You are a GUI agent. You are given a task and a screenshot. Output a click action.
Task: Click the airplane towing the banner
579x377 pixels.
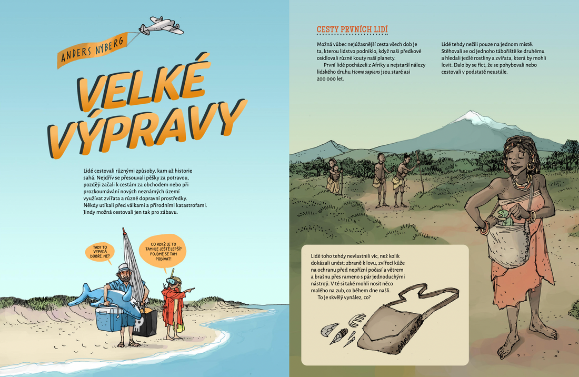point(161,26)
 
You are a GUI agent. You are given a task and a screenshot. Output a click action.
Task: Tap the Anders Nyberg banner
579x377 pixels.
point(92,51)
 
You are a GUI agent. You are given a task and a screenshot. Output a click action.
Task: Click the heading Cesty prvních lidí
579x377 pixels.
point(352,29)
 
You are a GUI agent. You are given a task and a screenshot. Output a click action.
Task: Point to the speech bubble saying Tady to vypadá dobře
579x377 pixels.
point(99,252)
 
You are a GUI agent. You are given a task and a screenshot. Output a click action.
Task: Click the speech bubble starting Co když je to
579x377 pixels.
point(163,252)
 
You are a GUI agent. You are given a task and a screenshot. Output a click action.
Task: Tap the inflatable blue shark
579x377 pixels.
point(107,299)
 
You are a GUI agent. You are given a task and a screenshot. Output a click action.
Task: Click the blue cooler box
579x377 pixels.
point(109,319)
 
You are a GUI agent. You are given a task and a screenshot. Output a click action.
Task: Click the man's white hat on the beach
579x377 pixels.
point(124,269)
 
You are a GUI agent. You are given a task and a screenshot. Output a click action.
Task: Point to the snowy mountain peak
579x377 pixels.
point(470,116)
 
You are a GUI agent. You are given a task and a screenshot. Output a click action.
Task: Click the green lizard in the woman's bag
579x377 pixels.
point(504,217)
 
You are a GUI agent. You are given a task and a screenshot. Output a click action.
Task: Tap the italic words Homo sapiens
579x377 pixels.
point(366,72)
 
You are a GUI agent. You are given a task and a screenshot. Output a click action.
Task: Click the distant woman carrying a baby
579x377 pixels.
point(334,176)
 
